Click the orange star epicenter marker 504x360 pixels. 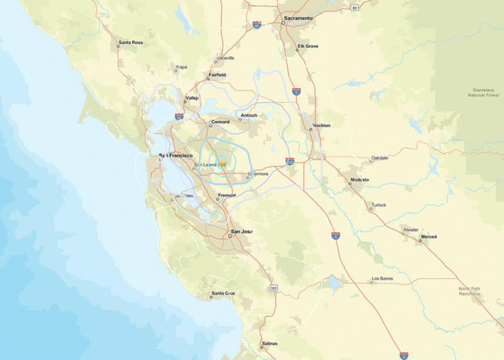point(222,163)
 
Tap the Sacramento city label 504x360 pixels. point(298,18)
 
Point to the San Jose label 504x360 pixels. point(242,231)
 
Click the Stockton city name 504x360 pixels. point(321,125)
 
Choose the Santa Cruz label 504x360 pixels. point(223,293)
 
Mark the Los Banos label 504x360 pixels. point(382,278)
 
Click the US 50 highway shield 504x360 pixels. point(355,8)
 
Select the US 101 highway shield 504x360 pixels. point(273,287)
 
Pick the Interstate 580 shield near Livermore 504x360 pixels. point(289,161)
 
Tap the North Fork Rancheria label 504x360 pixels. point(469,291)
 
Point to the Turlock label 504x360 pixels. point(378,205)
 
